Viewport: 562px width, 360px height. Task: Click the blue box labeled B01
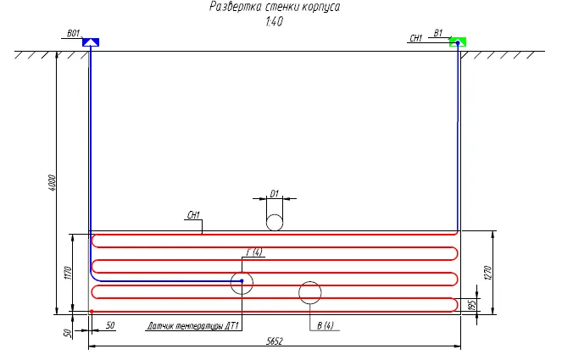tap(91, 42)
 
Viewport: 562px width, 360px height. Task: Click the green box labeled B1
tap(458, 42)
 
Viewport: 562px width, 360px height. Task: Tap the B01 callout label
tap(74, 33)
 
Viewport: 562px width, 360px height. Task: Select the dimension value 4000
tap(52, 183)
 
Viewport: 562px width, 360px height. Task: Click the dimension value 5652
tap(275, 341)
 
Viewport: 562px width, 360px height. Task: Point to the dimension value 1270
tap(487, 273)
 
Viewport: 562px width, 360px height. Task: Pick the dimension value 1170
tap(69, 273)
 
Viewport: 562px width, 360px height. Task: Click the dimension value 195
tap(472, 305)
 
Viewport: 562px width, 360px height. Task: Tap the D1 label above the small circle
tap(274, 194)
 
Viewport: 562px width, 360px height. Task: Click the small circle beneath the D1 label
tap(275, 223)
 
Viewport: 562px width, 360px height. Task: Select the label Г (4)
tap(254, 252)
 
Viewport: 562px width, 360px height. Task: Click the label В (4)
tap(326, 325)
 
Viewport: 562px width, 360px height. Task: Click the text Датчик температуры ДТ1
tap(193, 326)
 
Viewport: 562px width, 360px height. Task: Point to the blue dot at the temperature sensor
tap(242, 281)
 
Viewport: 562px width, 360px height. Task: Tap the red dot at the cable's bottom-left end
tap(92, 311)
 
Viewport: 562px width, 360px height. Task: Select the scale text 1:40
tap(274, 21)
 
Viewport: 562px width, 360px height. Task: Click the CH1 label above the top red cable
tap(193, 215)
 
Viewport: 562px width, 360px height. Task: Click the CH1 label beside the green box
tap(416, 38)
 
